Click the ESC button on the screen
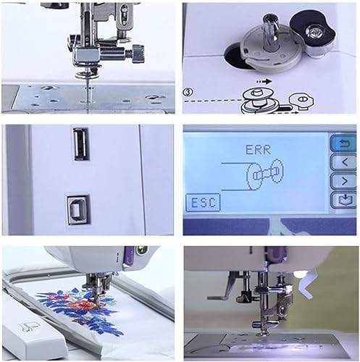203,202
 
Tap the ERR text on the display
258,150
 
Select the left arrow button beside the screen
344,162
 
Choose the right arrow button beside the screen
344,181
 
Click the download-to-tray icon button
344,200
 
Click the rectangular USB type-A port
81,144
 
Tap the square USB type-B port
78,210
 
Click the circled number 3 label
188,92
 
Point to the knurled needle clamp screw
138,54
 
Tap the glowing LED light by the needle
299,274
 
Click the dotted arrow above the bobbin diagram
264,82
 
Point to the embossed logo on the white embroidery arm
28,327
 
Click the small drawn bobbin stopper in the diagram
301,100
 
